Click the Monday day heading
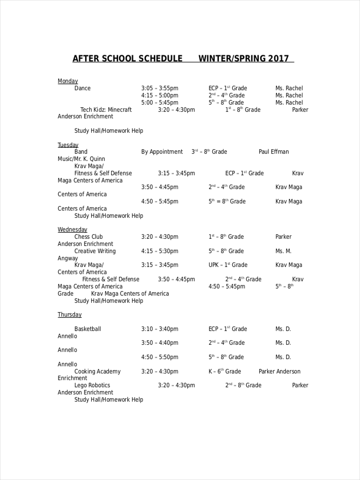(x=68, y=81)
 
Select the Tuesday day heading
(x=68, y=145)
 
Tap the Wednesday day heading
(x=72, y=230)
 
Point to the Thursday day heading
(x=70, y=315)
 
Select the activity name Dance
(x=82, y=88)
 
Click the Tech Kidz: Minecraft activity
(x=106, y=110)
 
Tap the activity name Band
(x=81, y=152)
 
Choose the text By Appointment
(x=162, y=152)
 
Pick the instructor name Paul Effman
(x=274, y=152)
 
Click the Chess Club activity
(x=88, y=237)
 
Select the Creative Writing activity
(x=95, y=251)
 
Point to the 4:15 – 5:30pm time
(x=160, y=251)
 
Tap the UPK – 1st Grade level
(x=228, y=265)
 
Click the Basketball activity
(x=88, y=329)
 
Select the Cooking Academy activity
(x=97, y=372)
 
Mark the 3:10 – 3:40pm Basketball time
(x=160, y=329)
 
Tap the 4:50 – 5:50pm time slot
(x=160, y=357)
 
